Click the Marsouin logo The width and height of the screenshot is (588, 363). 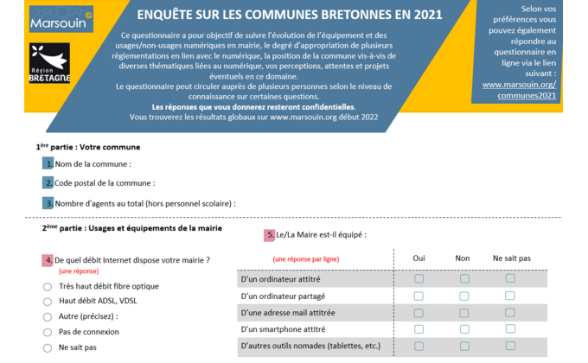pyautogui.click(x=61, y=19)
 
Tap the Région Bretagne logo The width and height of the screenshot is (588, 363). pyautogui.click(x=49, y=63)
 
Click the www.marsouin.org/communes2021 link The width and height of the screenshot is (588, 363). pyautogui.click(x=520, y=90)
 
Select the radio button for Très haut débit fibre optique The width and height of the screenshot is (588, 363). pyautogui.click(x=48, y=287)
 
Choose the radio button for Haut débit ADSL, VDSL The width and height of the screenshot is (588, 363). pyautogui.click(x=48, y=302)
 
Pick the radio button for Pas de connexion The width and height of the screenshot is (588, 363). pyautogui.click(x=48, y=332)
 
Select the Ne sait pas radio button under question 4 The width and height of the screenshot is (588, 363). pyautogui.click(x=48, y=348)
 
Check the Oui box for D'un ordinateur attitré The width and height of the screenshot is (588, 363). pyautogui.click(x=419, y=278)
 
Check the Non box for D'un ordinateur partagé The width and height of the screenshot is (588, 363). pyautogui.click(x=464, y=296)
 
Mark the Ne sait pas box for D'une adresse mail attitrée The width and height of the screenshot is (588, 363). pyautogui.click(x=510, y=313)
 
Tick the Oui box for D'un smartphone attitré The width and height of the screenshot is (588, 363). pyautogui.click(x=419, y=329)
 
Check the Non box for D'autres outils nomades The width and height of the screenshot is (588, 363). pyautogui.click(x=464, y=346)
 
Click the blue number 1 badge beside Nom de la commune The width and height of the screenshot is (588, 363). pyautogui.click(x=48, y=163)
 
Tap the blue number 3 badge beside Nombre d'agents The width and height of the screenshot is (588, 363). pyautogui.click(x=48, y=203)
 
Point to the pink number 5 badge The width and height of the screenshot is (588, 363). pyautogui.click(x=269, y=235)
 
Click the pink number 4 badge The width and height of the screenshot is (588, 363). pyautogui.click(x=48, y=260)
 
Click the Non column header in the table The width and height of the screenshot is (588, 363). pyautogui.click(x=463, y=258)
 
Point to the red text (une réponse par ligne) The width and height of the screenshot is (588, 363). pyautogui.click(x=306, y=259)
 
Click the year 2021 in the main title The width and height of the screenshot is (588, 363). pyautogui.click(x=428, y=15)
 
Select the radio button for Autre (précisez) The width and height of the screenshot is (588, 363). pyautogui.click(x=48, y=317)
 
